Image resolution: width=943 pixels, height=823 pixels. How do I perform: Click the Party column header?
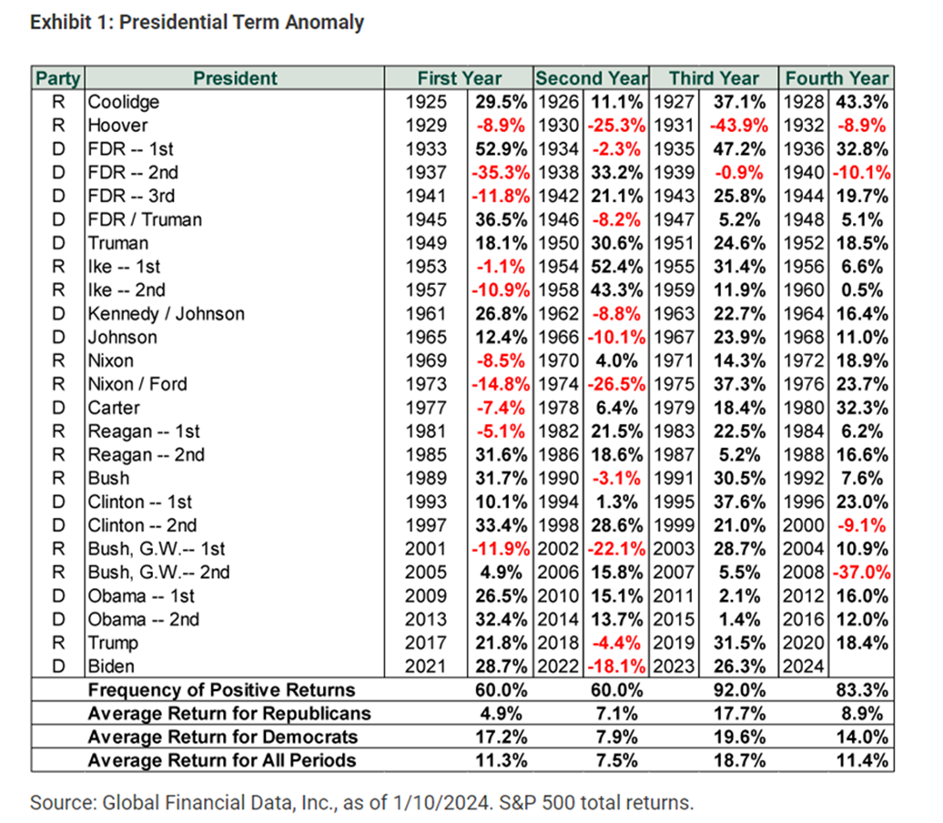(57, 78)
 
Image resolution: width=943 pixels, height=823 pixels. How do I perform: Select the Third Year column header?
(714, 78)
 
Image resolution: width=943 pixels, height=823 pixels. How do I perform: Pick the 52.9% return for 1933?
(501, 148)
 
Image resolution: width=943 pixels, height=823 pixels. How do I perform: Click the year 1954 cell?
(554, 267)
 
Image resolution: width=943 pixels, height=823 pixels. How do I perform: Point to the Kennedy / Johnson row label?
(166, 313)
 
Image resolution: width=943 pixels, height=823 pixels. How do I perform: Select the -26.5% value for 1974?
(619, 384)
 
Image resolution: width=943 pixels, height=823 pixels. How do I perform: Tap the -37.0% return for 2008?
(859, 573)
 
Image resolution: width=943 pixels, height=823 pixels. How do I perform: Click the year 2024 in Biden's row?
(802, 666)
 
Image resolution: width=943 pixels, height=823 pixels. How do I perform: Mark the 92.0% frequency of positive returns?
(739, 690)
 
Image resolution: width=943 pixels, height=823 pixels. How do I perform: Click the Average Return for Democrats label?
(223, 737)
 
